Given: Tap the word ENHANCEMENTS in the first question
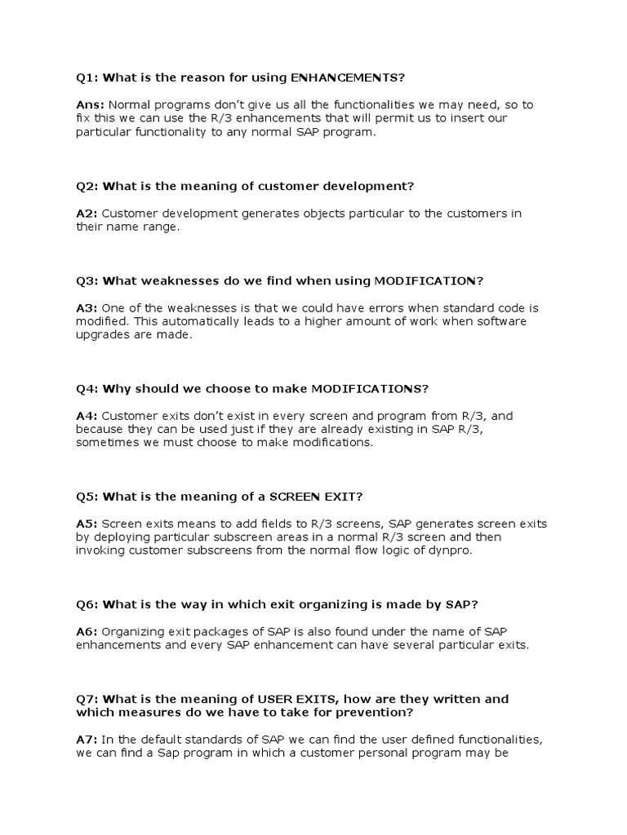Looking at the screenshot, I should pyautogui.click(x=347, y=77).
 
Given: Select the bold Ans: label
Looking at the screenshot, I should pyautogui.click(x=90, y=104).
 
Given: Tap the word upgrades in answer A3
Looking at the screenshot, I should pyautogui.click(x=101, y=334).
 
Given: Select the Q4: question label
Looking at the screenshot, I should pyautogui.click(x=87, y=388).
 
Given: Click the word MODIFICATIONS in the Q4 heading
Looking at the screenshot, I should pyautogui.click(x=366, y=388).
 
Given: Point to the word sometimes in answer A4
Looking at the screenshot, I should pyautogui.click(x=106, y=442).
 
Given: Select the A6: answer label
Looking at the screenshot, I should pyautogui.click(x=87, y=631).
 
